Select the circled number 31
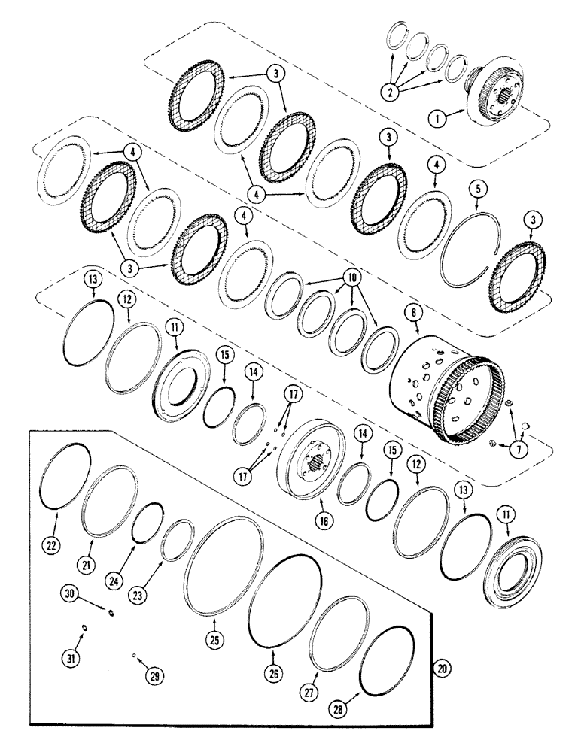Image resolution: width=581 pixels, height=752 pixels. pos(71,659)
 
